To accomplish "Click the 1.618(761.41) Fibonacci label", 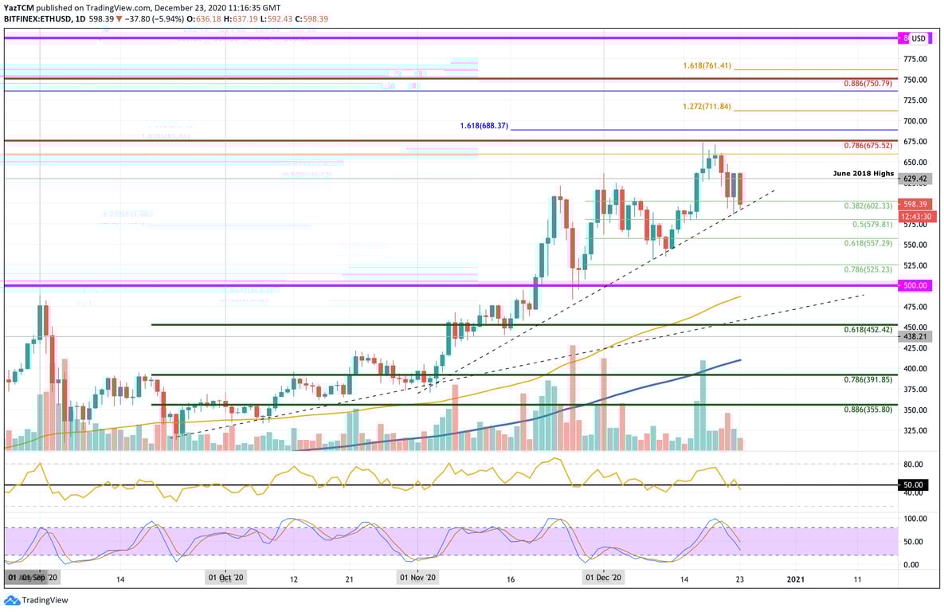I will pos(707,65).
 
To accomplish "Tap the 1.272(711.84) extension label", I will pos(707,107).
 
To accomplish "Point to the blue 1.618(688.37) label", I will pos(484,126).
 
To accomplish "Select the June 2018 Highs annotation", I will pos(864,173).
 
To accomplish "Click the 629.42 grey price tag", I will pos(915,179).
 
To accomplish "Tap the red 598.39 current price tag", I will pos(915,204).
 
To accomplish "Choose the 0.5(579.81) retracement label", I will pos(872,224).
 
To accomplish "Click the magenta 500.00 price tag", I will pos(915,285).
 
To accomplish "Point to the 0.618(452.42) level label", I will pos(869,329).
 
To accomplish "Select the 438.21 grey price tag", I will pos(915,337).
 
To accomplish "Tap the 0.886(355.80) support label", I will pos(869,409).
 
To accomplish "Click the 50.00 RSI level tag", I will pos(915,484).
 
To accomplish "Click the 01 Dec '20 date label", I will pos(604,578).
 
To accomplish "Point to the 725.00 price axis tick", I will pos(915,100).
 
